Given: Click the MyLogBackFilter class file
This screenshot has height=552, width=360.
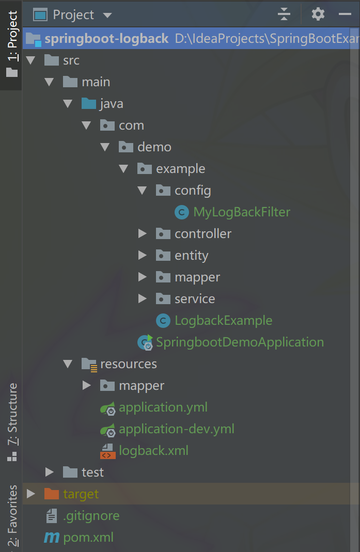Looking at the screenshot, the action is pyautogui.click(x=241, y=212).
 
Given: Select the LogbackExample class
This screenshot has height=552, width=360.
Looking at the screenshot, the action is pyautogui.click(x=223, y=321).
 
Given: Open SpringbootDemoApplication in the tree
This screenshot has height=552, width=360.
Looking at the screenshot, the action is pyautogui.click(x=240, y=342).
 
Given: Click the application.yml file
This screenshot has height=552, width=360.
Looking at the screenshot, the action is pyautogui.click(x=163, y=407).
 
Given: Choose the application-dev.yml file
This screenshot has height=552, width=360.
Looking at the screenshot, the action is pyautogui.click(x=176, y=429).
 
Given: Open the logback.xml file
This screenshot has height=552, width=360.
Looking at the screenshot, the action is pyautogui.click(x=153, y=451).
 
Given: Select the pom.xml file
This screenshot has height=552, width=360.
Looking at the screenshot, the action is pyautogui.click(x=88, y=538).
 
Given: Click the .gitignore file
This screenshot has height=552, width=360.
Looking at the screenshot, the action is pyautogui.click(x=91, y=516).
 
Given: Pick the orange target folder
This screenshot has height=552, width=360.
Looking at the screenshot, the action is pyautogui.click(x=80, y=494).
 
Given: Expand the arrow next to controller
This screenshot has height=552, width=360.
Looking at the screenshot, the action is pyautogui.click(x=143, y=234).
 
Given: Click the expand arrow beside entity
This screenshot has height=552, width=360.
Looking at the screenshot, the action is pyautogui.click(x=143, y=256).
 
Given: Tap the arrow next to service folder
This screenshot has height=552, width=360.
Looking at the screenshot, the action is pyautogui.click(x=143, y=299).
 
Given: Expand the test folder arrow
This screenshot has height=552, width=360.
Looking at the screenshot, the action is pyautogui.click(x=50, y=472).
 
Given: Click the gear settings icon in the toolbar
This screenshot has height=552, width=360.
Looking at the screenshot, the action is pyautogui.click(x=318, y=14).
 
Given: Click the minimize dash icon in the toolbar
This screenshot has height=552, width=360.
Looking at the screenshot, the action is pyautogui.click(x=345, y=14).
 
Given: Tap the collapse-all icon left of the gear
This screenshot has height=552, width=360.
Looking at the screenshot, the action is pyautogui.click(x=284, y=14).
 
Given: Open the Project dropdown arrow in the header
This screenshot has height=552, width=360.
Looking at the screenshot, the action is pyautogui.click(x=107, y=15).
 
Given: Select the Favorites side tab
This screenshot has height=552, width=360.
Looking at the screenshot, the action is pyautogui.click(x=11, y=516).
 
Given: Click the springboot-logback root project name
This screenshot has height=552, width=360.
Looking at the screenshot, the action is pyautogui.click(x=106, y=39).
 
